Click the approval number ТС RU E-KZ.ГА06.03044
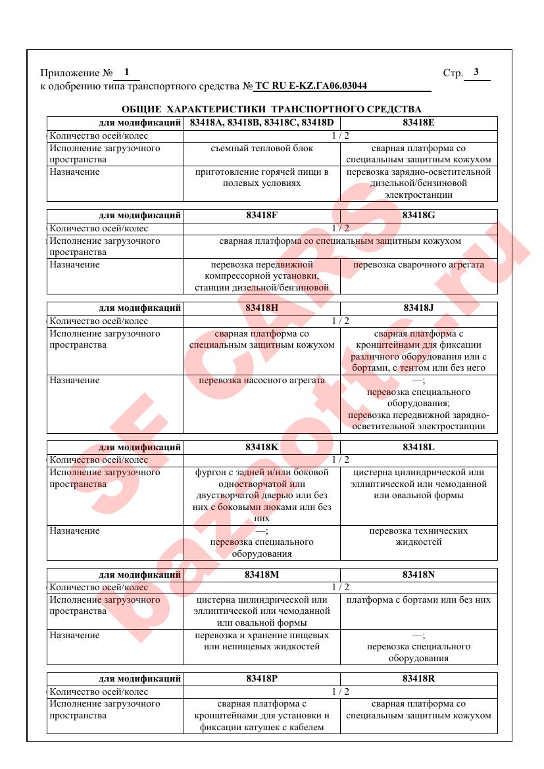click(x=310, y=86)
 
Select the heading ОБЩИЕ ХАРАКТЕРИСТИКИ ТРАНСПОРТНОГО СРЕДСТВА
click(x=272, y=109)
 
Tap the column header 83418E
click(x=419, y=123)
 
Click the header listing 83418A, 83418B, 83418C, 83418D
click(x=262, y=123)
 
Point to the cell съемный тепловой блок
click(x=262, y=149)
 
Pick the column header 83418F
click(x=262, y=216)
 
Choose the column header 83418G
click(x=419, y=216)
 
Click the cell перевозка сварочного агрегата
click(x=419, y=265)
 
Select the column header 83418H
click(x=262, y=308)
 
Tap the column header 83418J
click(x=419, y=308)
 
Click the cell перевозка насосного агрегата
click(x=262, y=381)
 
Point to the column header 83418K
click(x=262, y=447)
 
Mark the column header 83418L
click(x=419, y=447)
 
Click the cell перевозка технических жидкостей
click(x=419, y=536)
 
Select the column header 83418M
click(x=262, y=574)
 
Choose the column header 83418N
click(x=419, y=574)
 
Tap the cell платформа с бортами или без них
click(x=419, y=600)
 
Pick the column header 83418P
click(x=262, y=678)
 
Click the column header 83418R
click(x=419, y=678)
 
